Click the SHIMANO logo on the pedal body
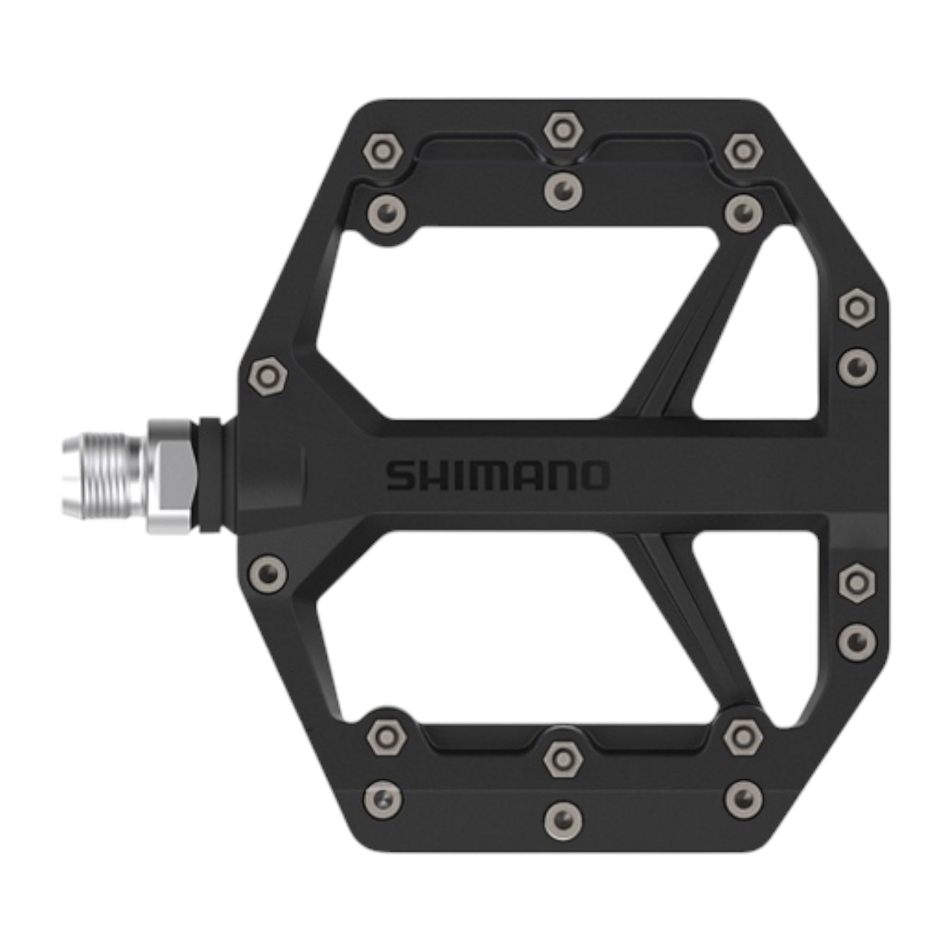click(x=497, y=475)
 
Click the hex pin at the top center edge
click(x=563, y=130)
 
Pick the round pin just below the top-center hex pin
click(x=563, y=190)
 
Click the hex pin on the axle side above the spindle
click(x=268, y=376)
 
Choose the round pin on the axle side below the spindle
click(x=268, y=573)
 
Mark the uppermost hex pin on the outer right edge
click(x=857, y=308)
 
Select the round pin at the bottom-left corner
click(x=382, y=797)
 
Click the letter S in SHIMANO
click(x=402, y=475)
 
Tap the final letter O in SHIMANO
click(x=592, y=475)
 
